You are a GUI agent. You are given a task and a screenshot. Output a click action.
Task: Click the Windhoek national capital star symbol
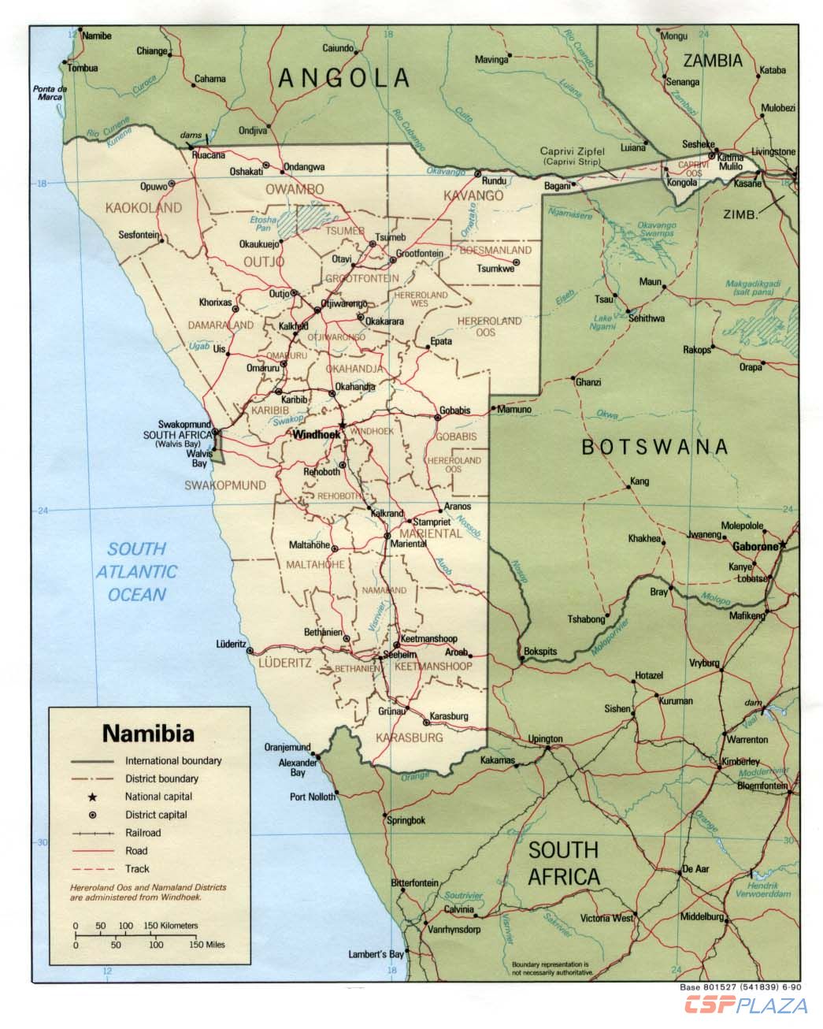343,425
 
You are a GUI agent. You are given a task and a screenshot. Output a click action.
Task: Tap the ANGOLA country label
345,77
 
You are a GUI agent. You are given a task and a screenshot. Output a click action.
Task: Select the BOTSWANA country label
654,448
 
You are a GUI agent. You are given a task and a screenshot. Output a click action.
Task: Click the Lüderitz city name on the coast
232,644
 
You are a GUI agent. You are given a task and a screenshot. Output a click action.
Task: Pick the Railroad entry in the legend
143,833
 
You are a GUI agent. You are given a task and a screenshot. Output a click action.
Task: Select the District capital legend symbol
93,815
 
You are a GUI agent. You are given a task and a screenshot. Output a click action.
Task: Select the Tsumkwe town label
495,269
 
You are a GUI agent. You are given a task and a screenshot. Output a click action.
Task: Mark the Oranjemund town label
287,747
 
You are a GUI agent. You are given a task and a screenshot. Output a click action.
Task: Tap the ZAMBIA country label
713,61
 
